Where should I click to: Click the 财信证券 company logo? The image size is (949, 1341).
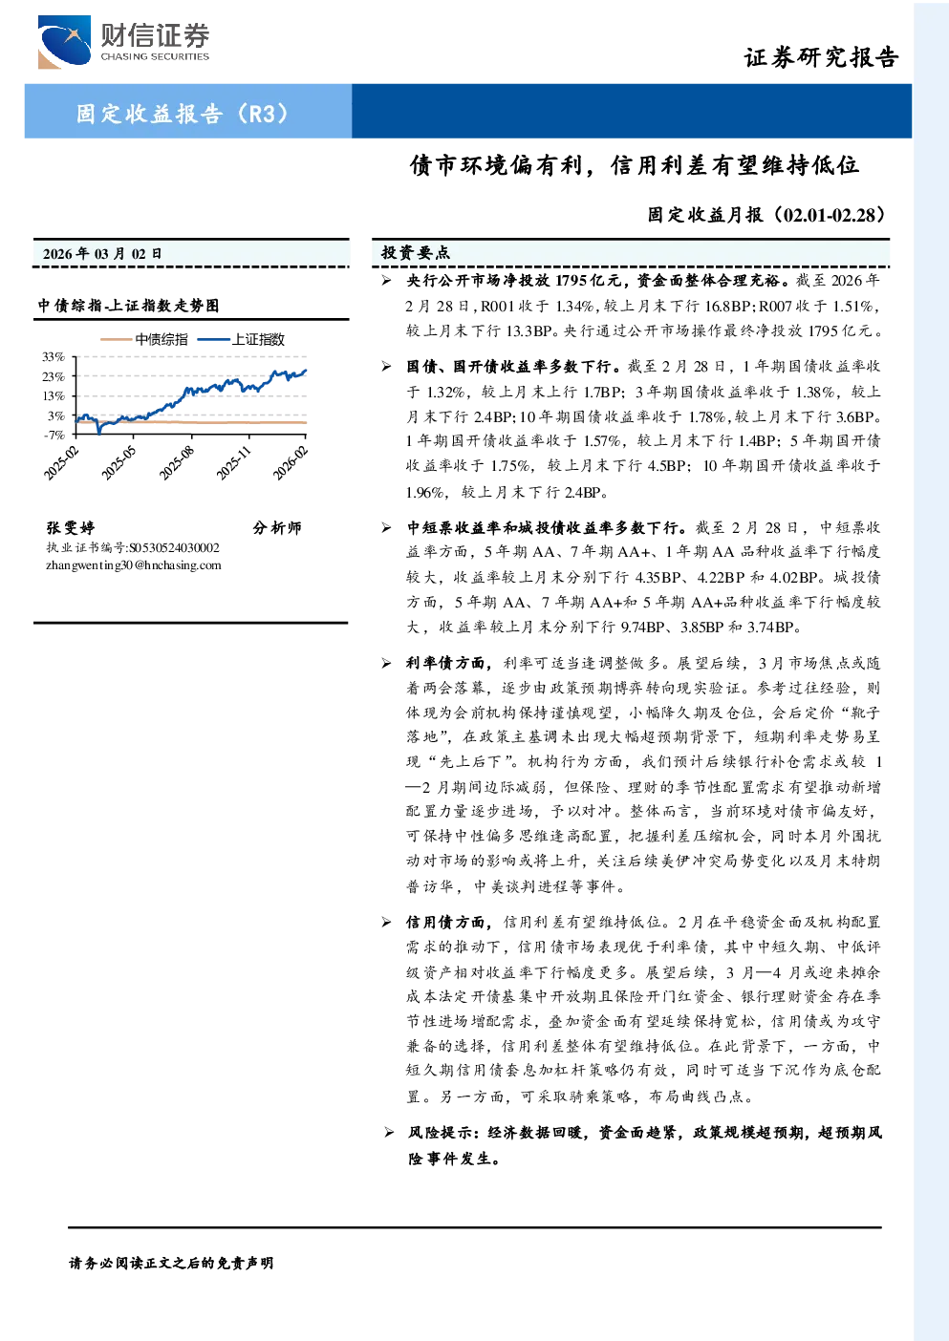[123, 41]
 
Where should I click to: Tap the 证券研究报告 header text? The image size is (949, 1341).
[821, 57]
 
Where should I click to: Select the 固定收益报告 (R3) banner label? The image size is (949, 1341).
[183, 113]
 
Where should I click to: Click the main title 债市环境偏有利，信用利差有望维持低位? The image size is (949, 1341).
[635, 165]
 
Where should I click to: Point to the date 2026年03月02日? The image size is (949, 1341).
[102, 254]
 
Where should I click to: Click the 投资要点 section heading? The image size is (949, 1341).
[416, 253]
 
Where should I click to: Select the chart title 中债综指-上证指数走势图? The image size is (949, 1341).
[128, 306]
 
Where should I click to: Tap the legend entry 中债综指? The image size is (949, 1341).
[143, 339]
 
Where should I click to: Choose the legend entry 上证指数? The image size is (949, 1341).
[241, 339]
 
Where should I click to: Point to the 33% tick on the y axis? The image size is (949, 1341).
[54, 357]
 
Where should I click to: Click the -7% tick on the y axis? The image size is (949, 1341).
[54, 435]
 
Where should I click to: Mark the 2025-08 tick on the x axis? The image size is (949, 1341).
[176, 463]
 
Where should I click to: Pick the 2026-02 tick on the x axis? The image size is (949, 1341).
[291, 463]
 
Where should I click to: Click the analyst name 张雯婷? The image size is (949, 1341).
[71, 527]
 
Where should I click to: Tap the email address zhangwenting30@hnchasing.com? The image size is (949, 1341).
[134, 565]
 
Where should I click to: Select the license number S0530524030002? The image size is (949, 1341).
[174, 548]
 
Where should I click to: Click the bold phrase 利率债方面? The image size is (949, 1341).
[445, 663]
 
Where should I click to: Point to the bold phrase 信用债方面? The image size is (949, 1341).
[445, 923]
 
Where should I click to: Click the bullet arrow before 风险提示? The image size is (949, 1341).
[389, 1132]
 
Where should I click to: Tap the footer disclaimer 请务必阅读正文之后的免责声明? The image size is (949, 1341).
[171, 1263]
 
